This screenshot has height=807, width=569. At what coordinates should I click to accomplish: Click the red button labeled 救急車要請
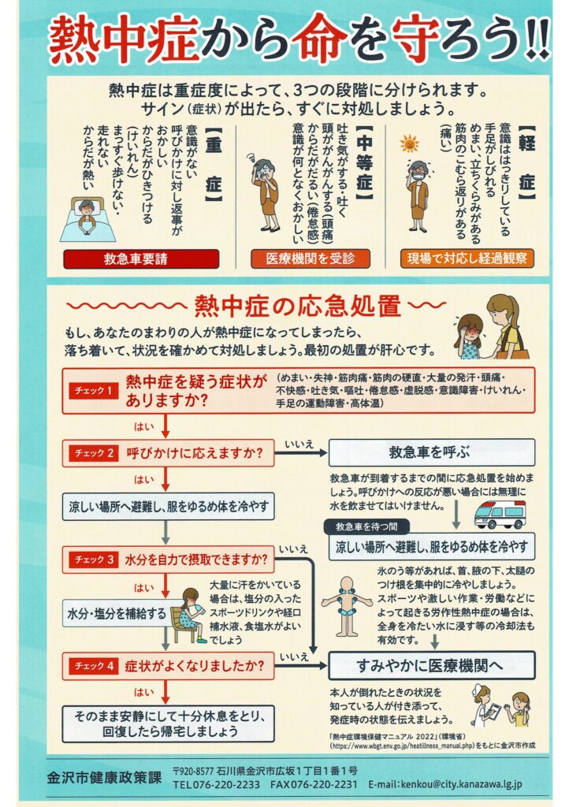[x=141, y=258]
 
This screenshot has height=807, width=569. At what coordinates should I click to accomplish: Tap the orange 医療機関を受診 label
[x=311, y=258]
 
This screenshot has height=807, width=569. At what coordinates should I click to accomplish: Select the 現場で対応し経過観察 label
[x=467, y=258]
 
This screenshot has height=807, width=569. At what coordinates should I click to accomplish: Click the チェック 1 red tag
[x=93, y=391]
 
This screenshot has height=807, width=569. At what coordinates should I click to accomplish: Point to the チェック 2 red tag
[x=94, y=453]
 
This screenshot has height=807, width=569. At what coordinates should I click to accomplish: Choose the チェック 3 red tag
[x=94, y=560]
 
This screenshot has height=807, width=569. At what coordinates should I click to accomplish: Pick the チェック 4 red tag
[x=94, y=666]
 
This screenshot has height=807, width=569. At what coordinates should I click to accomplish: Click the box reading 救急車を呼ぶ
[x=432, y=453]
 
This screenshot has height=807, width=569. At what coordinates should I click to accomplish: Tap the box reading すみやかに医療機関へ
[x=432, y=666]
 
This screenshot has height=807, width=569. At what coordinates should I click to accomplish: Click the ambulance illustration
[x=500, y=514]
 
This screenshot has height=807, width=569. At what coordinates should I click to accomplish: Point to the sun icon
[x=410, y=144]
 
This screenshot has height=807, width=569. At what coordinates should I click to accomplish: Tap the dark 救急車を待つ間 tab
[x=366, y=526]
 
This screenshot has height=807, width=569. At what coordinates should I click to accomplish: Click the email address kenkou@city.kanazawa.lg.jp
[x=445, y=784]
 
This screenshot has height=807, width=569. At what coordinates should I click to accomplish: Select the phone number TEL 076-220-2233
[x=216, y=784]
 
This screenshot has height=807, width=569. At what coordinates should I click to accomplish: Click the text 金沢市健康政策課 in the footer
[x=104, y=777]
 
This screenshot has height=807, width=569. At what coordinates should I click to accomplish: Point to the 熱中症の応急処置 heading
[x=297, y=307]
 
